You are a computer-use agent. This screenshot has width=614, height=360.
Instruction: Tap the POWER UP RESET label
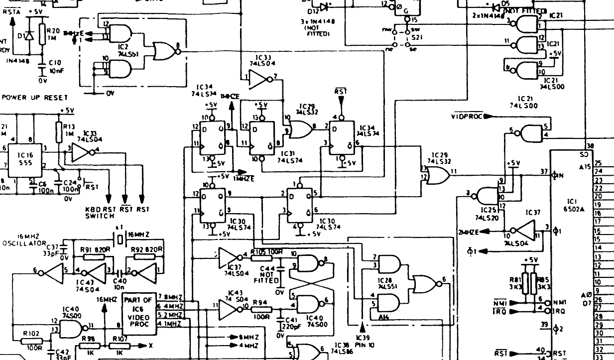[35, 97]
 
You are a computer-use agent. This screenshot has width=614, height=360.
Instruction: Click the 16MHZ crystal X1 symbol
[120, 240]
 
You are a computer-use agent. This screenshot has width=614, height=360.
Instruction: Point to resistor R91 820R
[94, 257]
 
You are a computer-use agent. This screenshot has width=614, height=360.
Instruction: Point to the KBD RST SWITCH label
[100, 213]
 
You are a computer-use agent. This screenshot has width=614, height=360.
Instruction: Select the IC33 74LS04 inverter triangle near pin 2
[258, 78]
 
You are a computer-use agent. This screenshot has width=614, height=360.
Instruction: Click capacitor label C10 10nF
[55, 66]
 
